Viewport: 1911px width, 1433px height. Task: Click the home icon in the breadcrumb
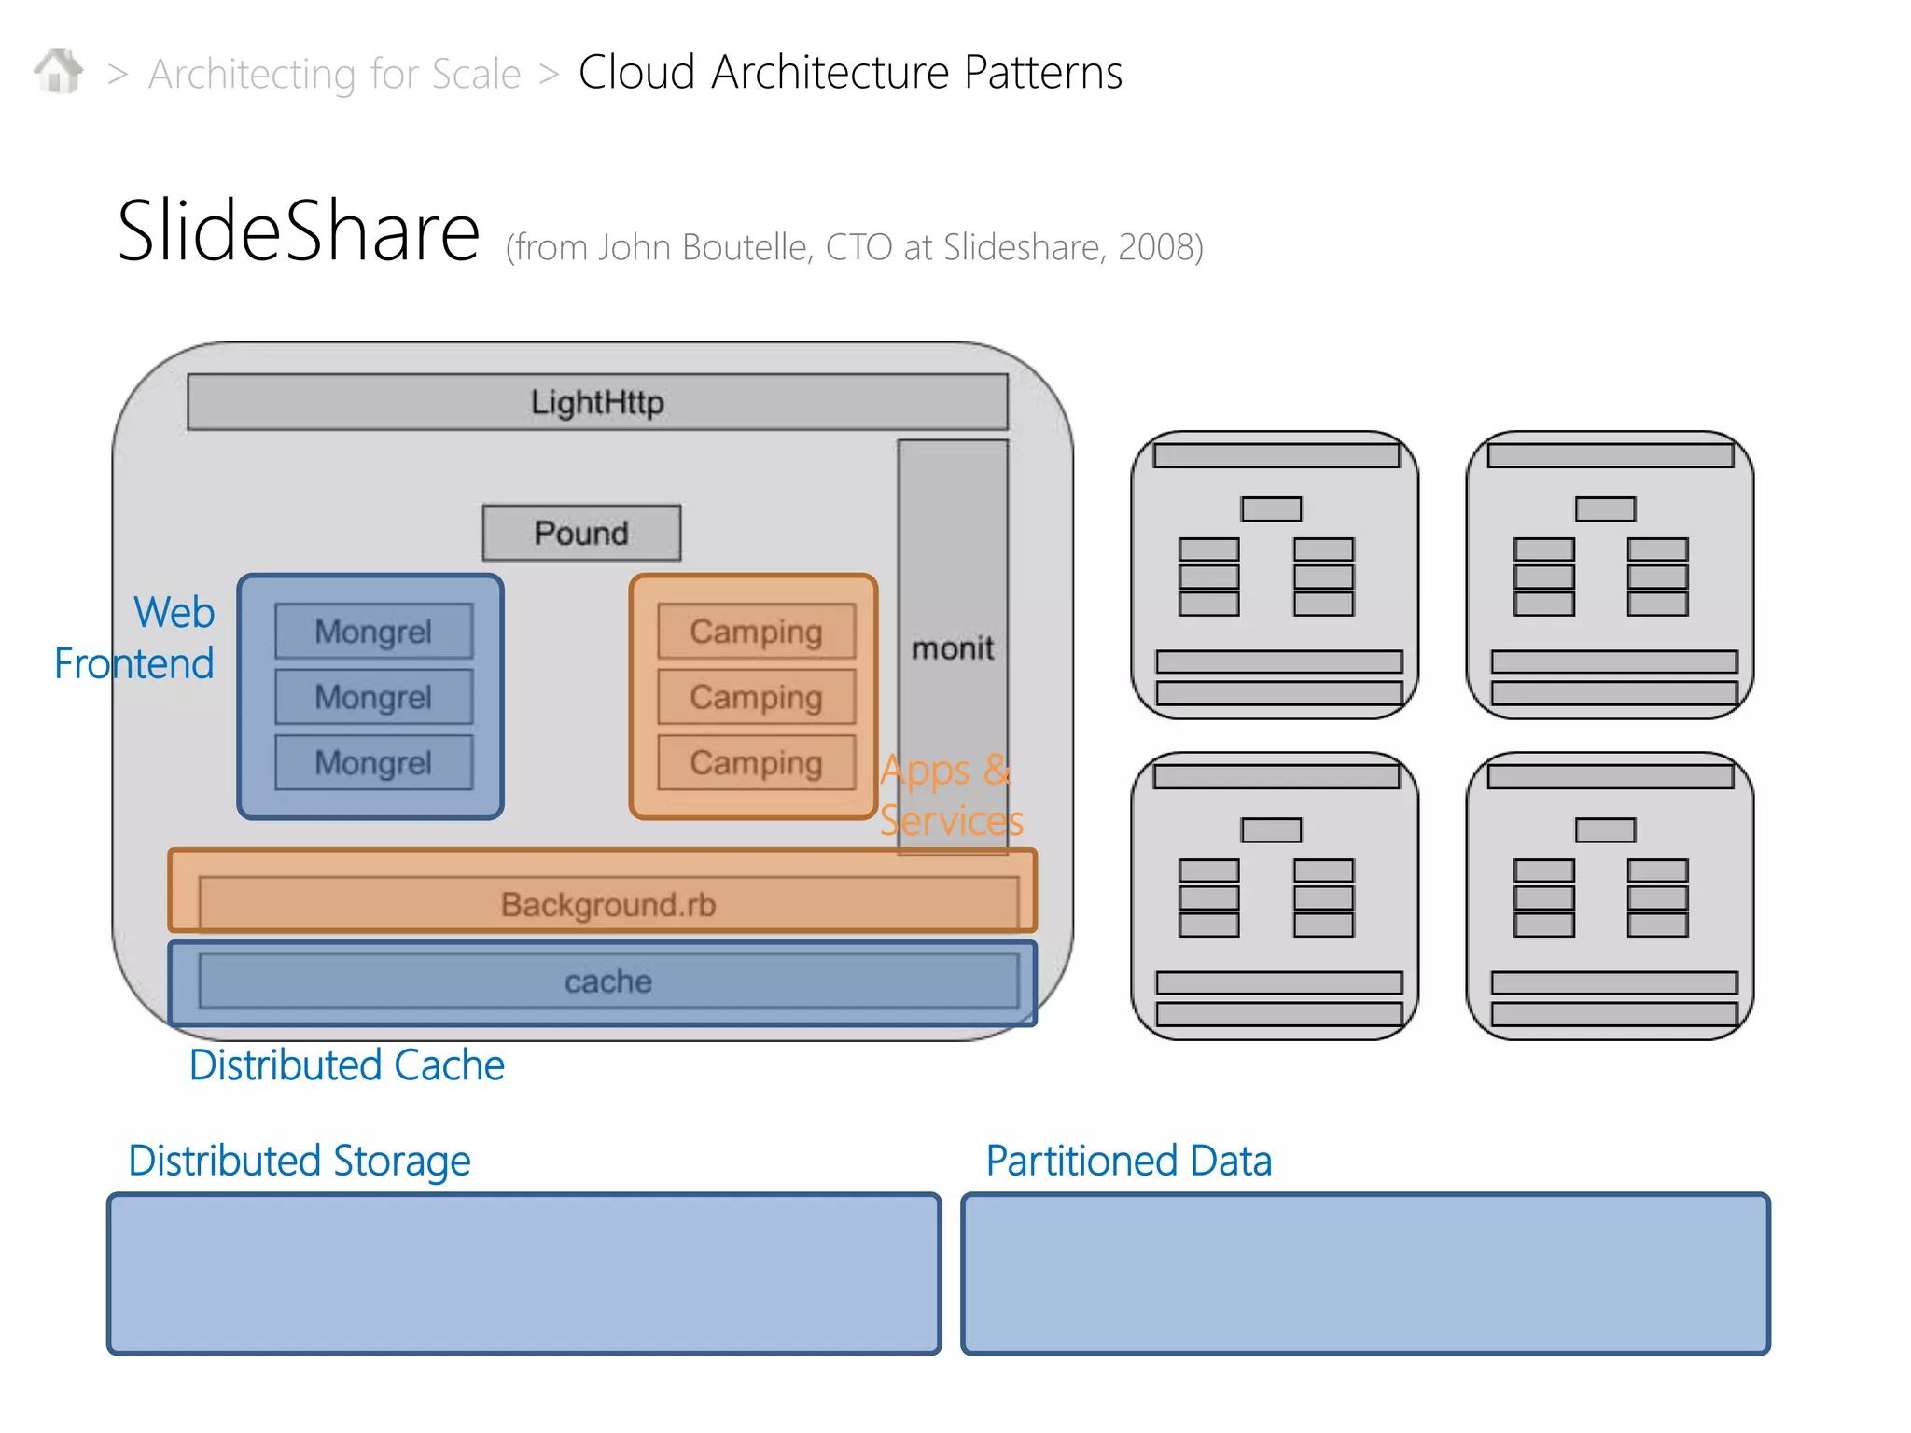58,71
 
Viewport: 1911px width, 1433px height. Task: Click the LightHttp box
597,402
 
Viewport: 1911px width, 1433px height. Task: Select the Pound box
581,533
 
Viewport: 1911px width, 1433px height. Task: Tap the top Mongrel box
373,632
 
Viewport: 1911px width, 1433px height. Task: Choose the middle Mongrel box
373,697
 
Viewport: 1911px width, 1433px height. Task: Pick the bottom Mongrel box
373,762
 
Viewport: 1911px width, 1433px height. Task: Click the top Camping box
756,632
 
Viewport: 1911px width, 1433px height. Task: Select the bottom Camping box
756,762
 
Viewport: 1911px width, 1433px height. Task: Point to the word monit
952,647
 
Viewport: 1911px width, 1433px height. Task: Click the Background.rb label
607,904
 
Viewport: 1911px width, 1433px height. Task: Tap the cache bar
607,981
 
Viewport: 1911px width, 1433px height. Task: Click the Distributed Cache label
346,1064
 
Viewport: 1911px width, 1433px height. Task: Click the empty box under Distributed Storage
523,1273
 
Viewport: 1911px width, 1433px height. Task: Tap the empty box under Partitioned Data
1365,1273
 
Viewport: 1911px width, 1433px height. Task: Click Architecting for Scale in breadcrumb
334,74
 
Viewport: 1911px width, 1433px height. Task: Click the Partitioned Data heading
1128,1161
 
